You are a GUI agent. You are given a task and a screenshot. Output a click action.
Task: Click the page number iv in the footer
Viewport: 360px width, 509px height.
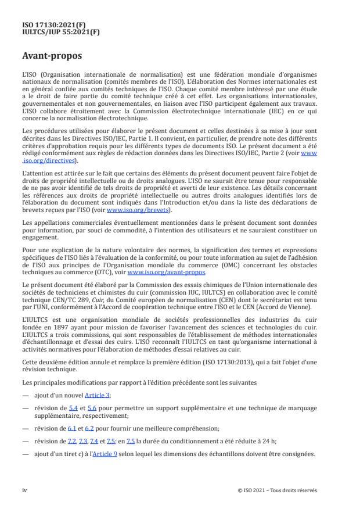(24, 490)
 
